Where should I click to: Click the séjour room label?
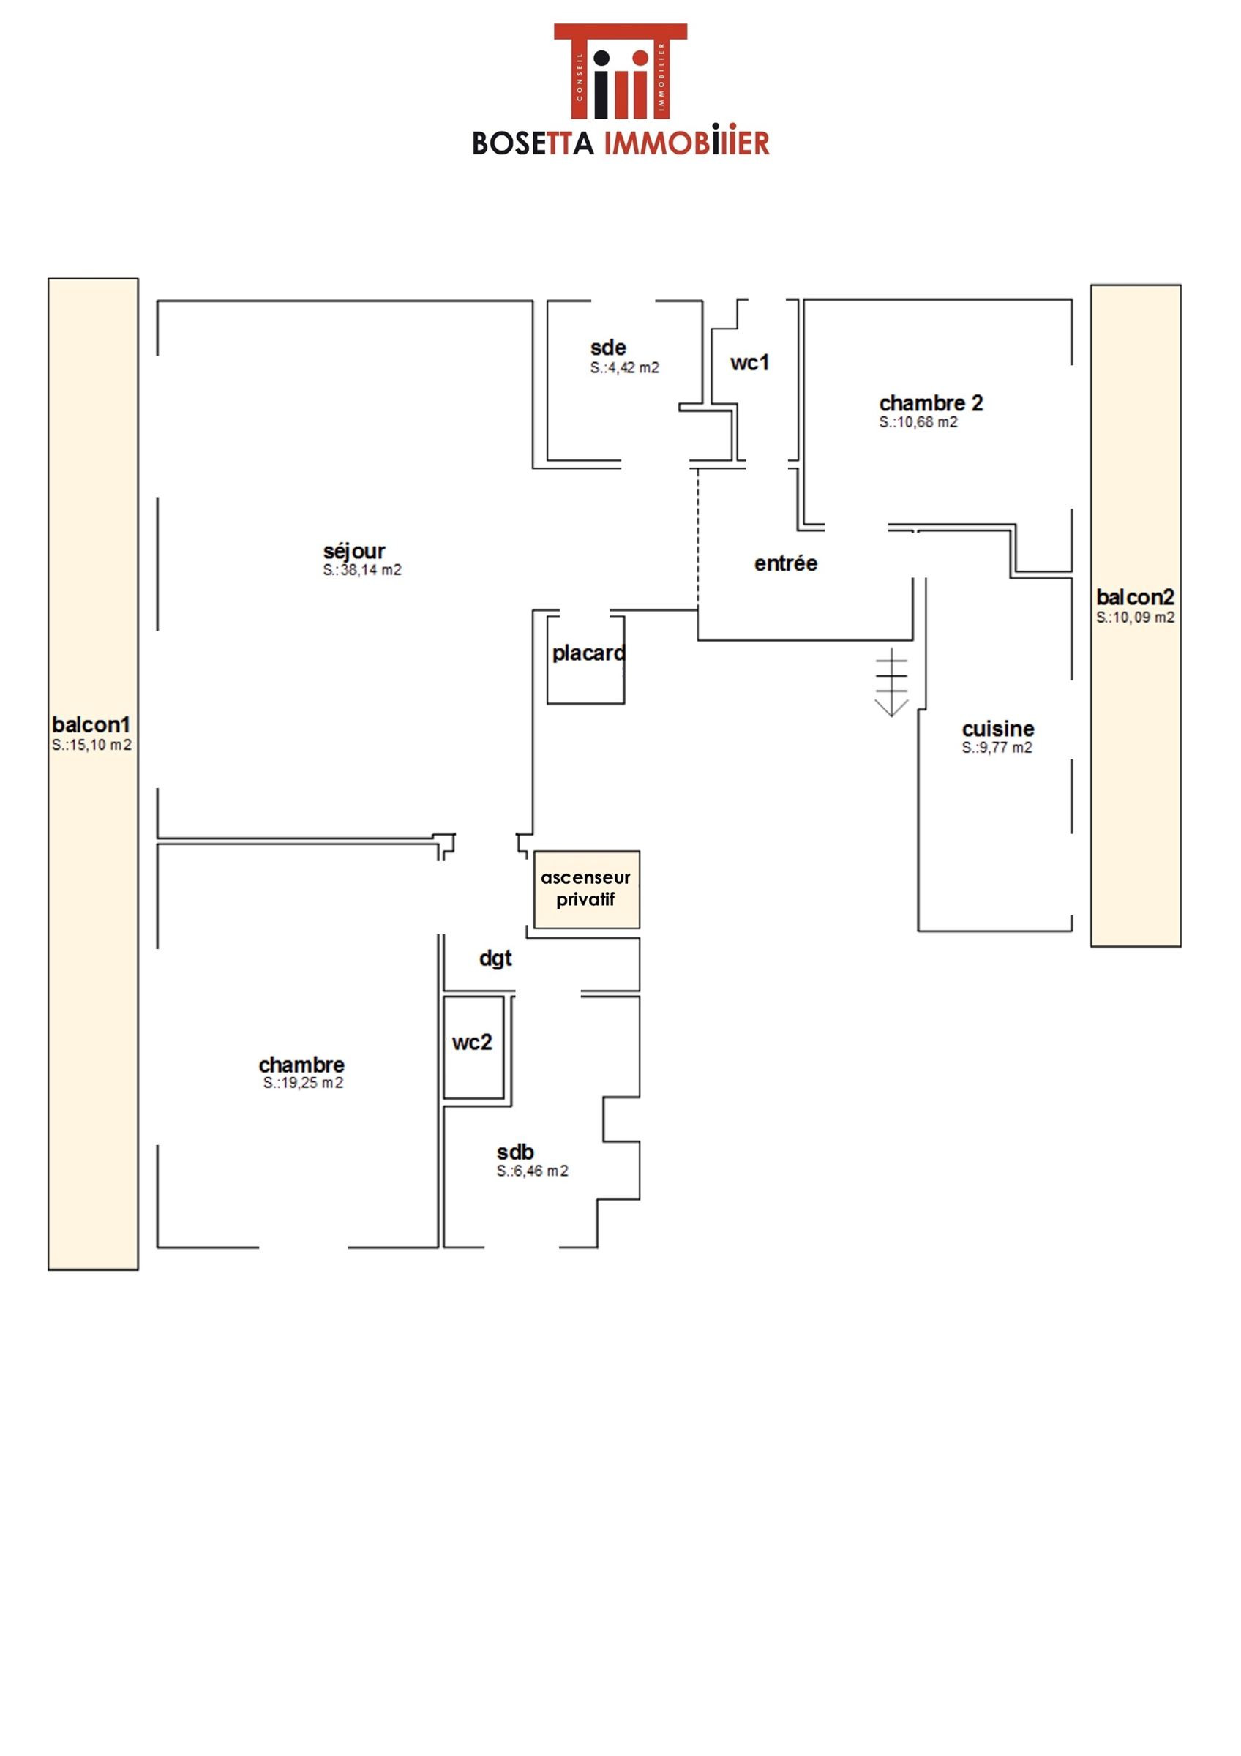354,552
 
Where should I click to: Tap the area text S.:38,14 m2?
361,571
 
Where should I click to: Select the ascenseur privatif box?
586,890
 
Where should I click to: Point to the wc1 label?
749,364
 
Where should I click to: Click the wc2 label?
472,1043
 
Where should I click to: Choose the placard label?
589,653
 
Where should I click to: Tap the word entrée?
785,563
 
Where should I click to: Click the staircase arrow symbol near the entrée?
891,682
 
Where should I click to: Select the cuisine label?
998,729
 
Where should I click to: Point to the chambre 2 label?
931,402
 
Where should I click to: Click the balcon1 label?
91,724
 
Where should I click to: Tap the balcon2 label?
1136,596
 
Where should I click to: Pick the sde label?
609,348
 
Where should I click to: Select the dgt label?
495,959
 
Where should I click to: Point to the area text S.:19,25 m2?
304,1083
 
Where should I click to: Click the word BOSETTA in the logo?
533,143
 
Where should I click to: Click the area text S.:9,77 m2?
997,748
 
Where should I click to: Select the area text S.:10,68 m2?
918,422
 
